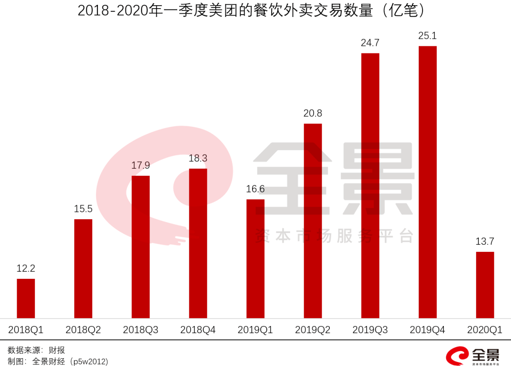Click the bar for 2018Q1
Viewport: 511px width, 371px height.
(x=26, y=298)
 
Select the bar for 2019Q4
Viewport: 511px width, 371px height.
(x=428, y=182)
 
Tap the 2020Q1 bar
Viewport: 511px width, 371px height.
(x=485, y=285)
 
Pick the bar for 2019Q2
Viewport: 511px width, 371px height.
(x=313, y=221)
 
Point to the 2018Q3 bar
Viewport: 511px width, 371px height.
(x=141, y=247)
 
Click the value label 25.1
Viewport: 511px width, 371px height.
(x=428, y=36)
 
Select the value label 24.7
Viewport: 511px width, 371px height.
(x=370, y=43)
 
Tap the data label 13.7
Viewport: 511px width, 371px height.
(x=485, y=242)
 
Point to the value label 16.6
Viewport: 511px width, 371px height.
(x=255, y=189)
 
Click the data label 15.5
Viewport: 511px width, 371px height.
(x=83, y=209)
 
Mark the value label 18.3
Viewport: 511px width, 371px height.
(x=198, y=158)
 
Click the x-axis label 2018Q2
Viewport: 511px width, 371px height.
(x=83, y=330)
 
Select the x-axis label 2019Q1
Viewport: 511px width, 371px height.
(x=255, y=330)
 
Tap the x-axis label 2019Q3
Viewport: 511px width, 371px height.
(x=370, y=330)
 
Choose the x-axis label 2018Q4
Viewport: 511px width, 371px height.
(x=198, y=330)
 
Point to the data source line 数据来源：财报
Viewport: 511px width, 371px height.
(x=36, y=350)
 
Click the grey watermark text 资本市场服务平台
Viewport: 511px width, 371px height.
(x=335, y=236)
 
